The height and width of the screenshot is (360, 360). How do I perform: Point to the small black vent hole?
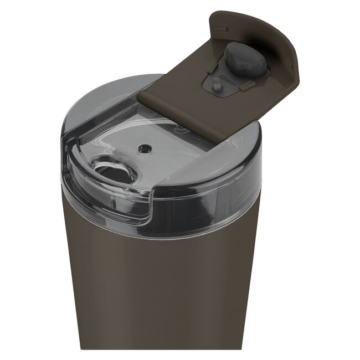tap(145, 148)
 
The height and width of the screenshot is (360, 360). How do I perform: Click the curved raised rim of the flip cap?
tap(277, 39)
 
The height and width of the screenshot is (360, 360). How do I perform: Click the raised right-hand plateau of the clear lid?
tap(222, 161)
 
